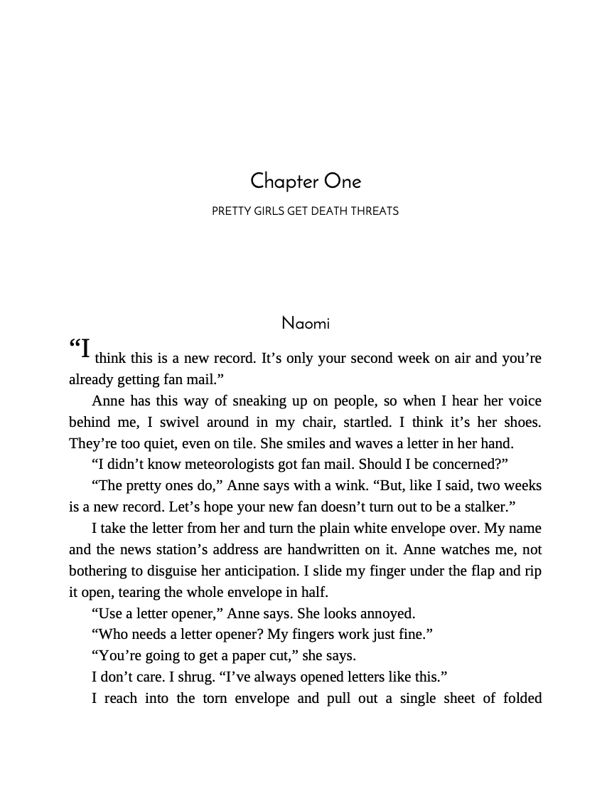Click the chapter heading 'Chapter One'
tap(306, 181)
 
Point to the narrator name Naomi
tap(306, 324)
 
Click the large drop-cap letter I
tap(85, 349)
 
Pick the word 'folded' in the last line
tap(520, 698)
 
